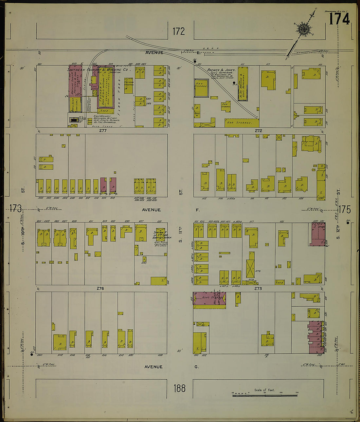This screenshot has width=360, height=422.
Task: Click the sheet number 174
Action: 339,19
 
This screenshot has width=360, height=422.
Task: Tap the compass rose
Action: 304,29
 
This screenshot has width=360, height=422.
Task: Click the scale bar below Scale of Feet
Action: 265,395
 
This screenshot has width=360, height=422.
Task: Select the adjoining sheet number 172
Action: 179,31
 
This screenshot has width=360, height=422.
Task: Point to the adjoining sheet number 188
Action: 180,388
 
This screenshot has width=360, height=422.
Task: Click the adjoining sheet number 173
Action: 15,208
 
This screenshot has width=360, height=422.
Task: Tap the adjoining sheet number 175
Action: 345,209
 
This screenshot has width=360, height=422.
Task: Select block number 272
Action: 259,130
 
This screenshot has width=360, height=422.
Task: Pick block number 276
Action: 100,288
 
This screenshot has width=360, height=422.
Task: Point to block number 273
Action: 258,288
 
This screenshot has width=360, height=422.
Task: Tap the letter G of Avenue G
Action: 196,367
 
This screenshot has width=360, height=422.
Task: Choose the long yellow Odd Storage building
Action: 242,123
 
